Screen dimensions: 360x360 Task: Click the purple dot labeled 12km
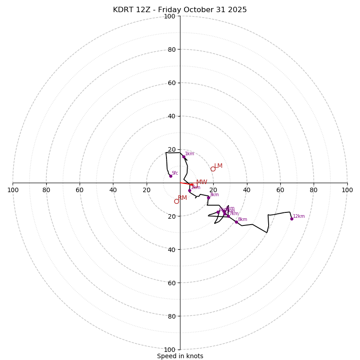click(x=292, y=219)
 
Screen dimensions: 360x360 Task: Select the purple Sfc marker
click(x=171, y=176)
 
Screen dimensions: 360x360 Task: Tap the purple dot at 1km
click(x=184, y=157)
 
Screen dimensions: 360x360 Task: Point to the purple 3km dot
click(x=208, y=198)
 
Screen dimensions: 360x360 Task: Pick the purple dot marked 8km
click(x=236, y=222)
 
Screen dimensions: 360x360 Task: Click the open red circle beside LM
click(x=213, y=169)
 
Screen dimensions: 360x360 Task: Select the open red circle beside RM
click(x=176, y=201)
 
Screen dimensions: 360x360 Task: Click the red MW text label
click(x=202, y=182)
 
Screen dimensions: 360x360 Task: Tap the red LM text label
click(x=218, y=166)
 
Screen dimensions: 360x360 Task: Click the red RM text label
click(x=182, y=198)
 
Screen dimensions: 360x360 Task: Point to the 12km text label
click(x=299, y=216)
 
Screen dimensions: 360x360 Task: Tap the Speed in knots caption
click(x=180, y=356)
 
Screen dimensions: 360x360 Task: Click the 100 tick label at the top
click(x=170, y=17)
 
